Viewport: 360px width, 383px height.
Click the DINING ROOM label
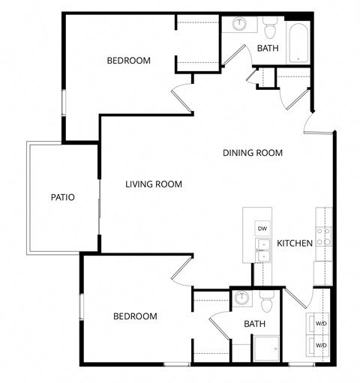click(x=253, y=153)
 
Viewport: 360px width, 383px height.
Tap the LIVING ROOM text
click(x=154, y=184)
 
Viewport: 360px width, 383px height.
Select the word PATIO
click(x=62, y=198)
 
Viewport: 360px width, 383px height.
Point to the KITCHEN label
click(x=295, y=243)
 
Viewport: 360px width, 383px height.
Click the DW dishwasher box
click(x=262, y=228)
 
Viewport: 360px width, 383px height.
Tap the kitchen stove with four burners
click(x=324, y=238)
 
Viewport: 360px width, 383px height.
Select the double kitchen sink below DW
click(x=263, y=250)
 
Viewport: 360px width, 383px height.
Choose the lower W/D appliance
click(x=320, y=345)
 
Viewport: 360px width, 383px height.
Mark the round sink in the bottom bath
click(x=241, y=298)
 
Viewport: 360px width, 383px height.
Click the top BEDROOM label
click(x=128, y=61)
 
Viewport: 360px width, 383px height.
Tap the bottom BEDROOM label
click(x=135, y=316)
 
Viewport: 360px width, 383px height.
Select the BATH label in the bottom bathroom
click(x=254, y=324)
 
